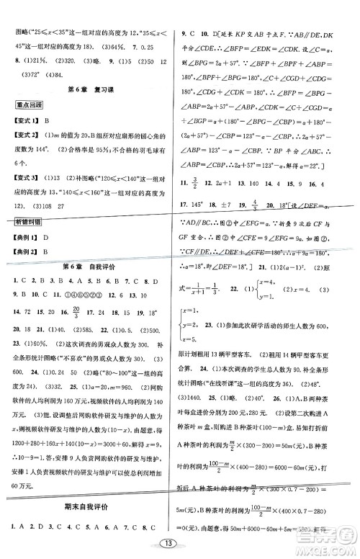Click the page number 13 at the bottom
point(179,542)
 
